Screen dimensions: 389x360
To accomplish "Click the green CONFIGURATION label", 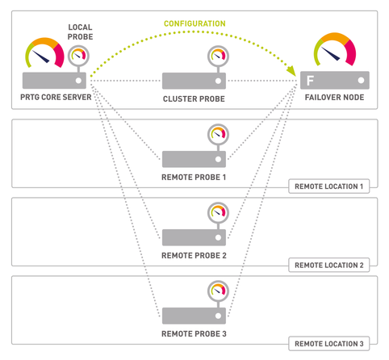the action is coord(194,23).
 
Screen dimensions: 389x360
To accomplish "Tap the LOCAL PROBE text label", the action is coord(80,31).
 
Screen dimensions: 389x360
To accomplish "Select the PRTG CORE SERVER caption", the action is coord(56,97).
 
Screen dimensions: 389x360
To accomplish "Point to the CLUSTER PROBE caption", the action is coord(194,98).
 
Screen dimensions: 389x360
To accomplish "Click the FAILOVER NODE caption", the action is coord(334,97).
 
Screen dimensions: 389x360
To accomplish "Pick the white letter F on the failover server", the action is coord(310,81).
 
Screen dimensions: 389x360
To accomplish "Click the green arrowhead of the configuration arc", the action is coord(291,70).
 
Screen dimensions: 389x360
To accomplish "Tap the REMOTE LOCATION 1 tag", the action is coord(329,186).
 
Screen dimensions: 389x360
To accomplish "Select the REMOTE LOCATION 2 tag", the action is coord(329,265).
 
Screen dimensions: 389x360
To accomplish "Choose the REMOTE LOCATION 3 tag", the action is coord(329,344).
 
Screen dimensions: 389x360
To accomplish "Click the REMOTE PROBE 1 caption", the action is coord(194,177).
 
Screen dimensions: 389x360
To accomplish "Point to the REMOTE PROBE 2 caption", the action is coord(194,255).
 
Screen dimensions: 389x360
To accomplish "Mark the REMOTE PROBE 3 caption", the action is coord(194,333).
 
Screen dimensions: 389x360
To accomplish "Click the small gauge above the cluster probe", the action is coord(218,56).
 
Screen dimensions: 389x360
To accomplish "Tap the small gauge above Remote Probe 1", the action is coord(218,134).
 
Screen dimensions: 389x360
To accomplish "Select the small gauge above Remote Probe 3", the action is coord(218,291).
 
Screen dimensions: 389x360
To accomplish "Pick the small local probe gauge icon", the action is coord(78,56).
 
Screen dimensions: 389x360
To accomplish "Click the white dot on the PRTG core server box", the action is coord(78,81).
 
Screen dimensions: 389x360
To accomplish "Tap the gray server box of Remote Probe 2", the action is coord(194,237).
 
